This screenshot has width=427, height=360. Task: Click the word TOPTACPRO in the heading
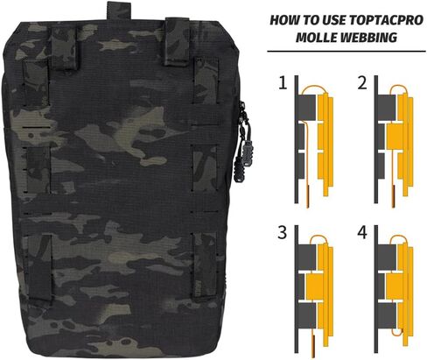(386, 20)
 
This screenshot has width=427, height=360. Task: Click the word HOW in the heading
(285, 20)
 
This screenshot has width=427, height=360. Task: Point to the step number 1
(283, 83)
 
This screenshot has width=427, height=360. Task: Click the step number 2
(362, 83)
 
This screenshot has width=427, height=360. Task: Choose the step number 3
(283, 233)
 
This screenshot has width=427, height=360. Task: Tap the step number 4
(362, 233)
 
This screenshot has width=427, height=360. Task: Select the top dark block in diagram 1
(307, 107)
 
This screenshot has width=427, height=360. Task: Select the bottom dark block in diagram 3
(307, 315)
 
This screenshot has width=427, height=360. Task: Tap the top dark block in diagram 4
(387, 257)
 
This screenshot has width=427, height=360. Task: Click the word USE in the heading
(334, 20)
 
